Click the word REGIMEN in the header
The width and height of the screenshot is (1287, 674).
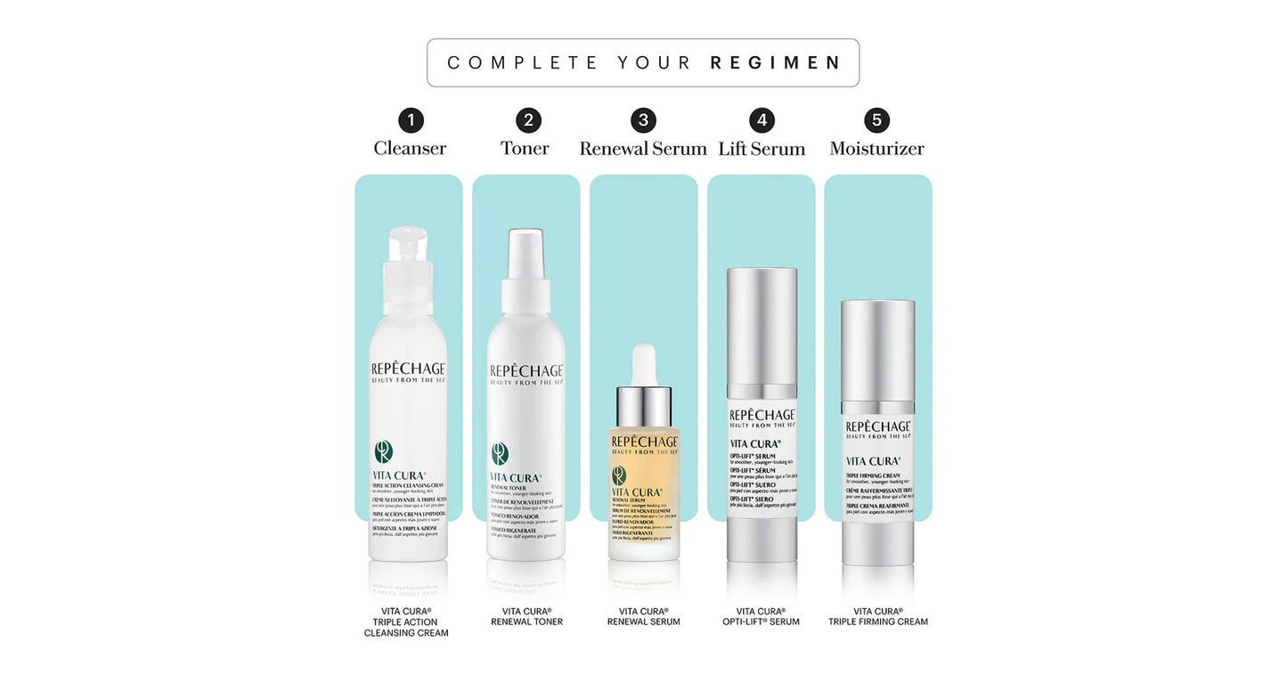click(775, 63)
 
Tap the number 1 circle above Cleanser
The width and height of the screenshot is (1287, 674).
click(411, 120)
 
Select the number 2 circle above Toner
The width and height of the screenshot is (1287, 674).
click(528, 120)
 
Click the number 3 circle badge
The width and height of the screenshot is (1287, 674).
click(643, 120)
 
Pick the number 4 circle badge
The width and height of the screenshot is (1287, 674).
click(762, 120)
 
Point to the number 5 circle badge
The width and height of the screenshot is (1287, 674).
click(877, 120)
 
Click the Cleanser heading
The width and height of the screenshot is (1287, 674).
click(410, 149)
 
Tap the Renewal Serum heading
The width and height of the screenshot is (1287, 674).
click(643, 149)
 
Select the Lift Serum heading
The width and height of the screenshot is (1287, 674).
click(762, 149)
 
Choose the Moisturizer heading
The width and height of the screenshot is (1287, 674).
click(877, 149)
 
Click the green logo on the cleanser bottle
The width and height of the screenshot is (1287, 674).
click(384, 452)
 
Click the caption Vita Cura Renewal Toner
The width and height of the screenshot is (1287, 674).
click(526, 616)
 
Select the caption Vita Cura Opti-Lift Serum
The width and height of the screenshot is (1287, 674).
click(762, 616)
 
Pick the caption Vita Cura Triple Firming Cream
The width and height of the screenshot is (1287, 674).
click(878, 616)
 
